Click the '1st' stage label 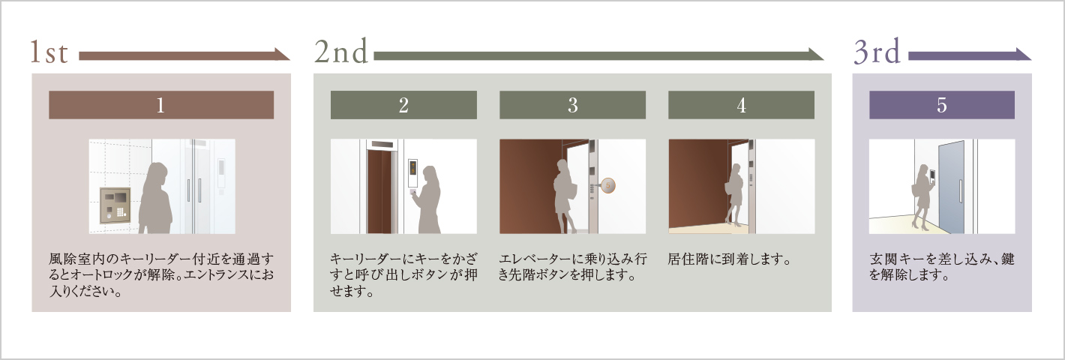tap(49, 52)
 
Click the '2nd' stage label tap(341, 51)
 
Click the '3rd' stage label tap(877, 51)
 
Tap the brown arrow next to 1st tap(184, 55)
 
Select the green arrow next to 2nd tap(599, 55)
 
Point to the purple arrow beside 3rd tap(970, 55)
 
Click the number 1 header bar tap(161, 105)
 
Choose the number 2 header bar tap(403, 105)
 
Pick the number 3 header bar tap(572, 105)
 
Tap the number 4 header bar tap(741, 105)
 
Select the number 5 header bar tap(942, 105)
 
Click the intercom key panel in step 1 tap(115, 206)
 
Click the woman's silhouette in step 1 tap(155, 198)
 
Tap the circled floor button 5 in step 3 tap(608, 185)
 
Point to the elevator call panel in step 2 tap(412, 173)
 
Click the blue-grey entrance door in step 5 tap(951, 187)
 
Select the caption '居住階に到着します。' tap(729, 259)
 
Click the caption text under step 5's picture tap(942, 267)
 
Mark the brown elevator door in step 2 tap(380, 192)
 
